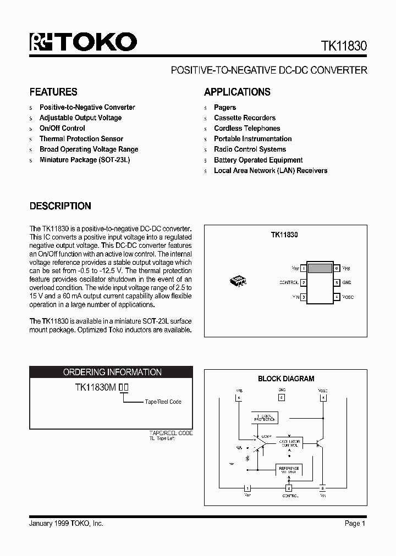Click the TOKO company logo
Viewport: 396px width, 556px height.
click(x=83, y=42)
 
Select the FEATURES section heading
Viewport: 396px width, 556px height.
click(x=53, y=92)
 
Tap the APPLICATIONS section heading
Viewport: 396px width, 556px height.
click(x=237, y=92)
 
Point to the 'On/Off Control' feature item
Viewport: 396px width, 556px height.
click(x=62, y=128)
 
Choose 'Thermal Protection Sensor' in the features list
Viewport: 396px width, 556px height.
click(x=81, y=138)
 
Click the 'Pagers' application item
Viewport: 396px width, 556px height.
click(x=225, y=107)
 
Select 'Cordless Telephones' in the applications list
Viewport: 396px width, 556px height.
click(x=247, y=128)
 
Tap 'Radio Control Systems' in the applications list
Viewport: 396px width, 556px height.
click(x=250, y=149)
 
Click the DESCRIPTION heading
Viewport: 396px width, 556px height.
click(x=60, y=206)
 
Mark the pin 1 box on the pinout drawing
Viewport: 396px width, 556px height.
click(x=304, y=269)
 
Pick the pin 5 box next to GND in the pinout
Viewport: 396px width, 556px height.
click(x=336, y=282)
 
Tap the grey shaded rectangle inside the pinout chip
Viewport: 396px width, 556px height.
click(x=320, y=269)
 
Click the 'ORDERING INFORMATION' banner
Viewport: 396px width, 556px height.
click(x=112, y=372)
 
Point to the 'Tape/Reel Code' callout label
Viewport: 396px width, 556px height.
click(x=163, y=402)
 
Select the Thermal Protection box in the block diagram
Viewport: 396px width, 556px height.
click(x=265, y=417)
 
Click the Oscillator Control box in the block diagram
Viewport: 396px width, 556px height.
click(x=289, y=443)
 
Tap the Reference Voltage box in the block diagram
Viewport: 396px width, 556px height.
click(x=289, y=470)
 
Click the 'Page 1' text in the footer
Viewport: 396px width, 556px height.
click(x=355, y=524)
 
